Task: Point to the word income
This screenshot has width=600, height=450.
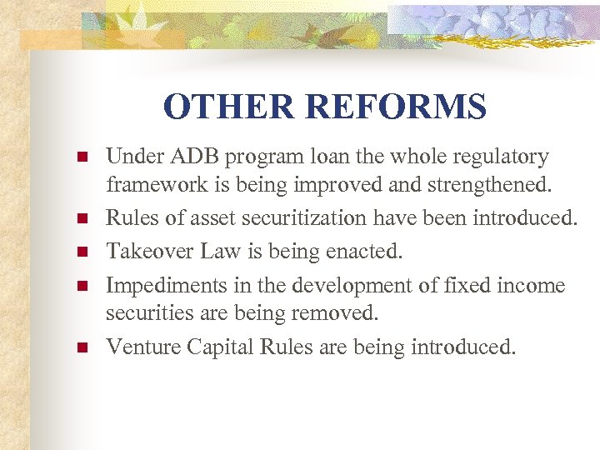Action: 530,286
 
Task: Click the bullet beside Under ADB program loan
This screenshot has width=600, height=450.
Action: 81,157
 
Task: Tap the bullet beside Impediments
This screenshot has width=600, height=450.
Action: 81,287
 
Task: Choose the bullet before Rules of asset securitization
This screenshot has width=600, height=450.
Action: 81,218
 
